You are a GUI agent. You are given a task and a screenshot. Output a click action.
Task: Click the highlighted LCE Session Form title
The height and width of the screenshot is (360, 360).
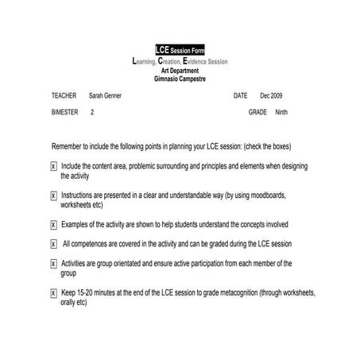tap(180, 51)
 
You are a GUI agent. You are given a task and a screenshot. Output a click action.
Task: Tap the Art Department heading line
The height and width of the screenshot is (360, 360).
tap(180, 71)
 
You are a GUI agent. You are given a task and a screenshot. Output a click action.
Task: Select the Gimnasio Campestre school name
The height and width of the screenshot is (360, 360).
tap(180, 79)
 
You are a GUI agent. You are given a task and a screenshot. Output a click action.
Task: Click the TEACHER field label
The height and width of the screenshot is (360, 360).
tap(64, 95)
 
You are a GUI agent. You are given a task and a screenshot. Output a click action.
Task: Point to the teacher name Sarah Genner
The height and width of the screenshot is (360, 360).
tap(105, 95)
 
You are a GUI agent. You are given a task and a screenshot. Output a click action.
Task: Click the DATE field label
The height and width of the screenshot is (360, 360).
tap(241, 95)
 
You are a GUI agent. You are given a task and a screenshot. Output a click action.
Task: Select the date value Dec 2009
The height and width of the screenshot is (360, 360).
tap(271, 95)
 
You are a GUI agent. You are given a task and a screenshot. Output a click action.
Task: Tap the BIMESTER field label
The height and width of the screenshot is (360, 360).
tap(65, 113)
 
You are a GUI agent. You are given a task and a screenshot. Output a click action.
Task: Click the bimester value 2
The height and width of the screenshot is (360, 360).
tap(92, 113)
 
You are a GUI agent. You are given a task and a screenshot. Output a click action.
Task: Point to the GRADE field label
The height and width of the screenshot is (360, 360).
tap(257, 113)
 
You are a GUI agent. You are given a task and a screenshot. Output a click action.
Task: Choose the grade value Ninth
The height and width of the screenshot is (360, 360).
tap(281, 113)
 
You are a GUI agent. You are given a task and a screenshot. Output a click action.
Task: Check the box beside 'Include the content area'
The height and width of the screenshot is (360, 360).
tap(53, 166)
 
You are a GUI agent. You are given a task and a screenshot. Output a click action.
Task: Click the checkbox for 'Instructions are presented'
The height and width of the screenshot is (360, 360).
tap(53, 195)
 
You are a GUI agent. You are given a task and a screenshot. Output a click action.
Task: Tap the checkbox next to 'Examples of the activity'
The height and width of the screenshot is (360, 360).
tap(53, 224)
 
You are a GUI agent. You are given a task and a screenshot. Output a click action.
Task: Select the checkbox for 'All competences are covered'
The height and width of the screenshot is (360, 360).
tap(53, 244)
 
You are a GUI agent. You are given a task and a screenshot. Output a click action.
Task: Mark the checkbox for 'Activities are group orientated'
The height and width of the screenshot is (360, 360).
tap(53, 263)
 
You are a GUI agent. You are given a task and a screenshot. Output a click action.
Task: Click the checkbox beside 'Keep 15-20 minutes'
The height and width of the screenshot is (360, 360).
tap(53, 292)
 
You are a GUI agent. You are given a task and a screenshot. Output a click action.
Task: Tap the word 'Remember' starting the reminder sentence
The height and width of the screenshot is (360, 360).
tap(68, 147)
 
